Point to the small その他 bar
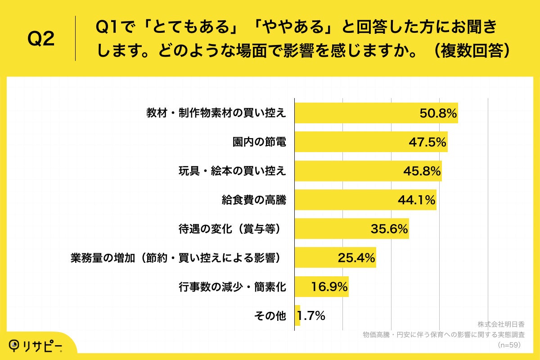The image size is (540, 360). pos(297,315)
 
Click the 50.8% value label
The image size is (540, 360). pos(438,113)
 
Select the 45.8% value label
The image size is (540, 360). pos(422,171)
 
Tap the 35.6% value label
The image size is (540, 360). pos(389,229)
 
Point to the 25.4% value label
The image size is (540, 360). pos(356,258)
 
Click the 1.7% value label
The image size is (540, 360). pos(311,316)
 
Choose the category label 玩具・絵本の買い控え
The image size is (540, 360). pos(232,171)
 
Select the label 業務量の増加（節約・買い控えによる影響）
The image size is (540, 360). pos(178,258)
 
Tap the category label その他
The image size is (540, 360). pos(270,316)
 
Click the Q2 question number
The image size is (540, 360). pos(41,40)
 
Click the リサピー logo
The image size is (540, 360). pos(36,345)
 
